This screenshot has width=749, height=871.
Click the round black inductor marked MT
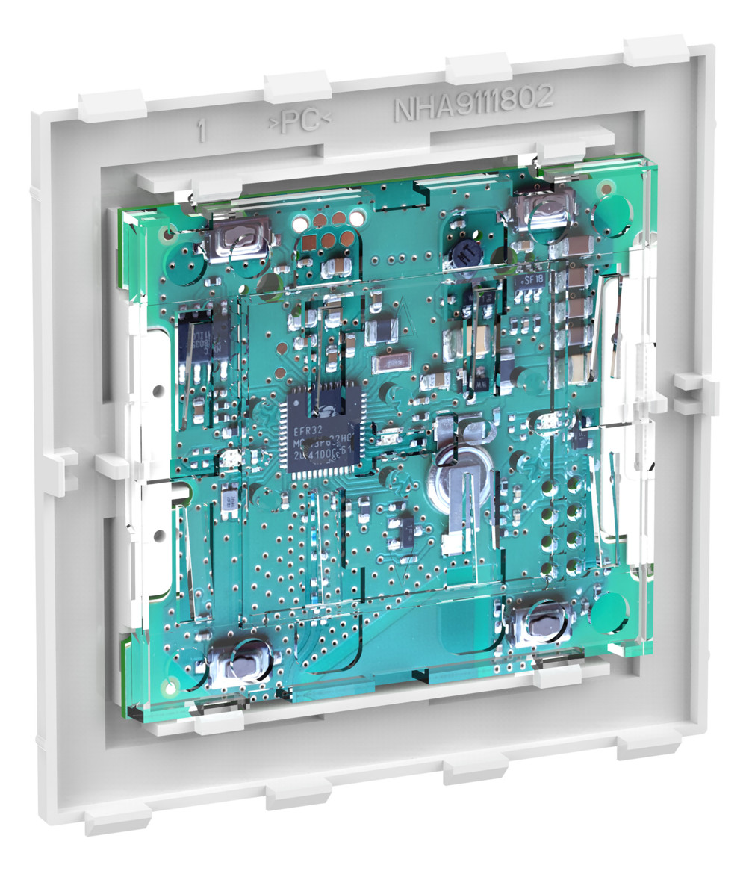coord(464,255)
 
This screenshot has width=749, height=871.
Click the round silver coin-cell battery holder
coord(458,471)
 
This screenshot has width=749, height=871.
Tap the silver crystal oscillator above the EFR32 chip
coord(390,362)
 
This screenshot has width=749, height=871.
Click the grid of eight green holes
coord(562,525)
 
